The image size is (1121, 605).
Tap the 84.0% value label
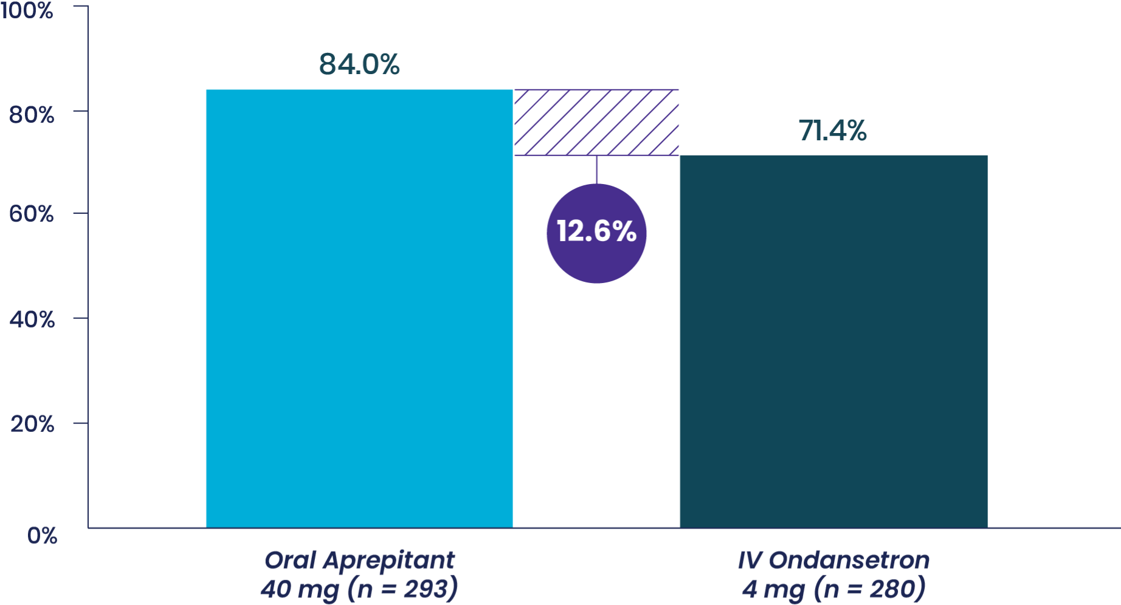359,64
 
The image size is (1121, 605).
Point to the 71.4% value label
833,131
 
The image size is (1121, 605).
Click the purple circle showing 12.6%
596,233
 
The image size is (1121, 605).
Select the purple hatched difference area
596,122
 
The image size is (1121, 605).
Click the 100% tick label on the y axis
27,11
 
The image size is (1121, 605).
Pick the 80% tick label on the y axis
32,114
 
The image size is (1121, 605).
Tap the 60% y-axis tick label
32,214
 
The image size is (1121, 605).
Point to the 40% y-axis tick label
32,319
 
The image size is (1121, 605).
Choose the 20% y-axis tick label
32,424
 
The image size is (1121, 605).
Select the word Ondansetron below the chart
849,560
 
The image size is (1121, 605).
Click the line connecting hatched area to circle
596,169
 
